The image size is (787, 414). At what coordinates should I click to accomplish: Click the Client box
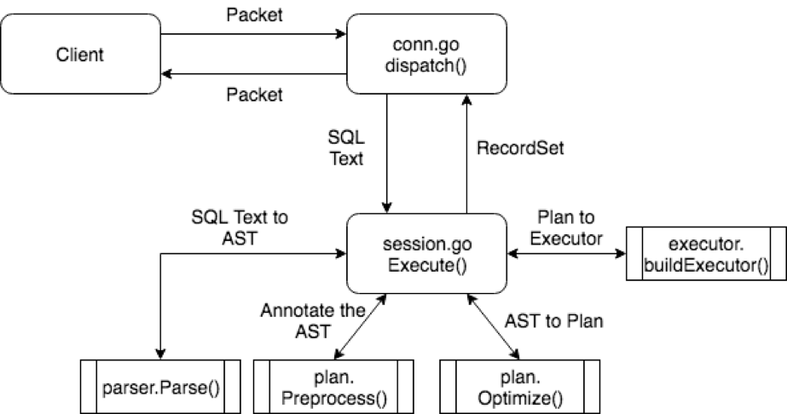point(81,55)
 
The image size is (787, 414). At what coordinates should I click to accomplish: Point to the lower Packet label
point(253,95)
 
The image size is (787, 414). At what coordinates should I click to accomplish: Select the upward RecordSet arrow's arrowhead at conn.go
point(466,101)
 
